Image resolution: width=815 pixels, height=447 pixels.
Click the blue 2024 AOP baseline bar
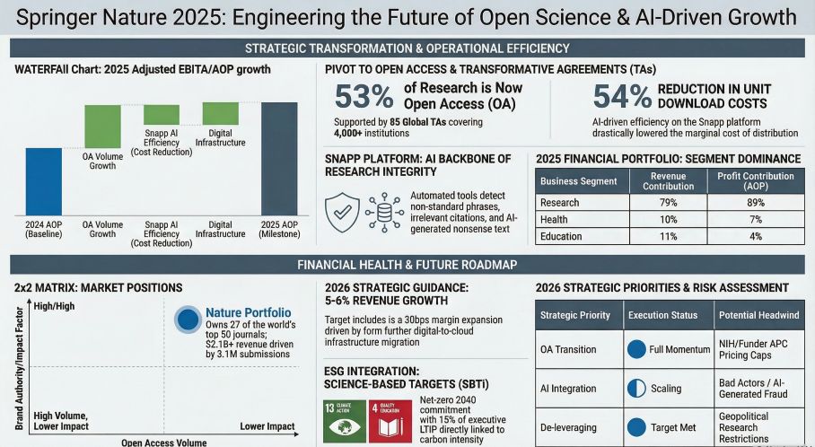43,181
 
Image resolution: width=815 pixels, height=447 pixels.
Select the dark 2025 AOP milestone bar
279,159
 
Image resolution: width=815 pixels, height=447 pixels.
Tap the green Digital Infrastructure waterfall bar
220,113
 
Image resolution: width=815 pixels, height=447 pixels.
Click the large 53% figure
364,96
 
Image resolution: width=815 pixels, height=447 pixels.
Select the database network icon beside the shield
384,211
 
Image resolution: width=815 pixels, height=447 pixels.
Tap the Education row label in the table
563,237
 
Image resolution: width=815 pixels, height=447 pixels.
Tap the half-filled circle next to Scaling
635,389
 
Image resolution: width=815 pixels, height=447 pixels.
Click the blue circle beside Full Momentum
635,349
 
